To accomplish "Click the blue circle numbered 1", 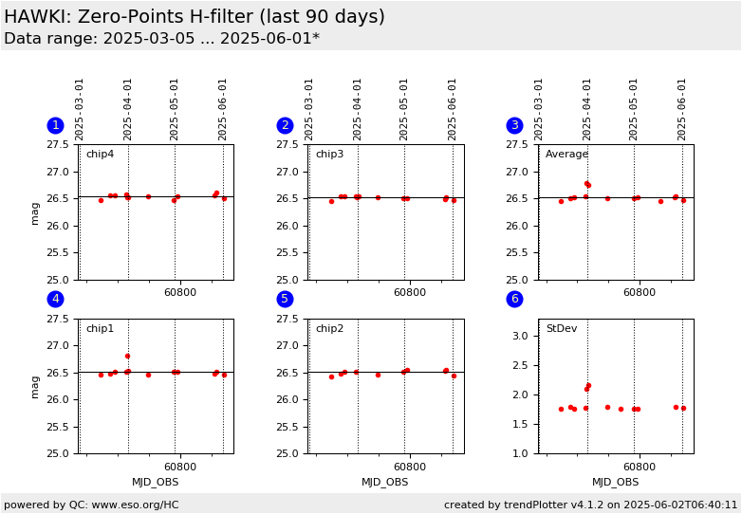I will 55,125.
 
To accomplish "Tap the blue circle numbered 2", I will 285,125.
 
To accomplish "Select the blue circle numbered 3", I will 514,125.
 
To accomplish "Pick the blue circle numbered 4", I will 55,300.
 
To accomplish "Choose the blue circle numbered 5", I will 285,300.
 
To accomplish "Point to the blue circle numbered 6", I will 514,300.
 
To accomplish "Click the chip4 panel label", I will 100,155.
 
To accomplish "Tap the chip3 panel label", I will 329,155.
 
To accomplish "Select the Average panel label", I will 566,155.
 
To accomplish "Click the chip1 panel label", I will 100,329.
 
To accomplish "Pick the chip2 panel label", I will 329,329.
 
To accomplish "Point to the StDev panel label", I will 562,329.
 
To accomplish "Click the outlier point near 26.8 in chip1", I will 127,357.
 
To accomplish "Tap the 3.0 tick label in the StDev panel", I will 520,336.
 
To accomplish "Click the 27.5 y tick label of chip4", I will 60,145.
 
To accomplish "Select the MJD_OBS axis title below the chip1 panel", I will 155,483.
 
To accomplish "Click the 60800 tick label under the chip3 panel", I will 409,293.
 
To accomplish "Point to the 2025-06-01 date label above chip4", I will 223,109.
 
